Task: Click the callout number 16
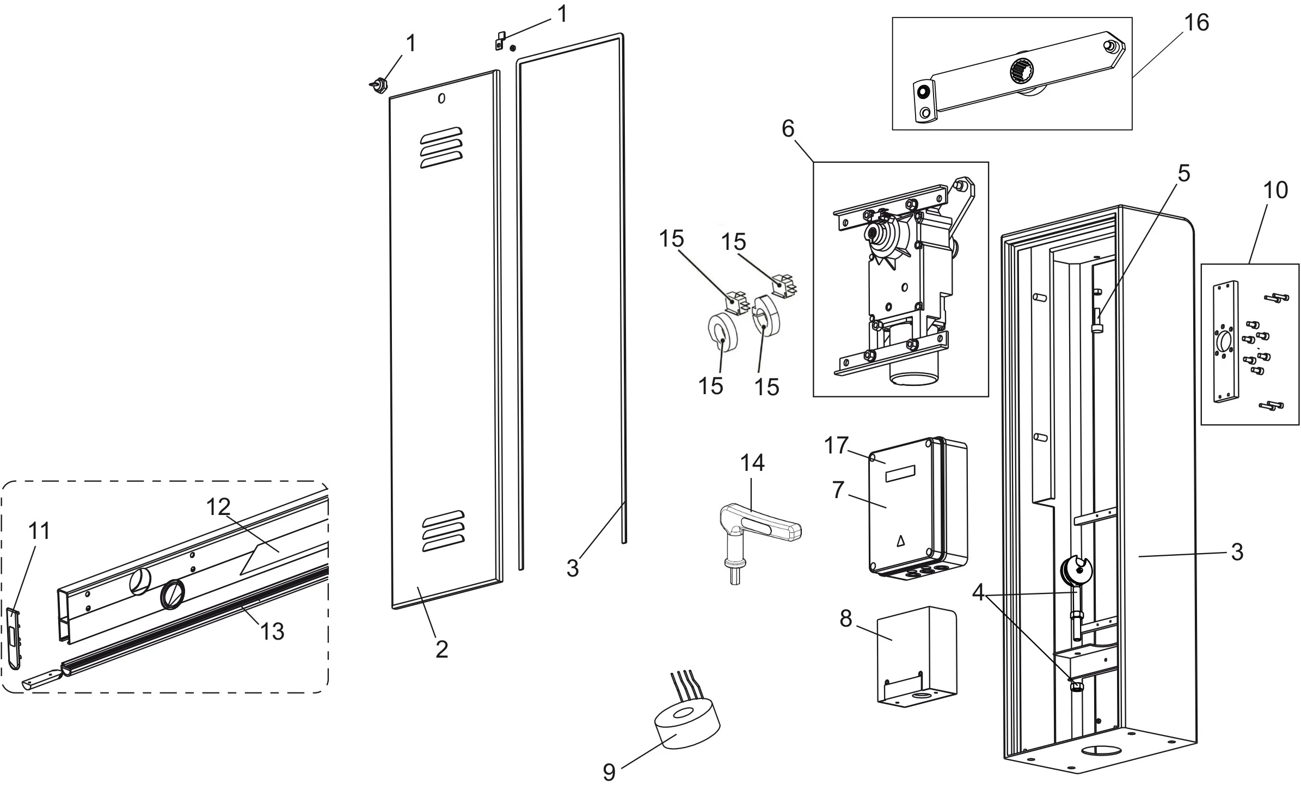pos(1196,23)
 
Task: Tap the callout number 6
pos(788,129)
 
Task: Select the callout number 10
pos(1275,191)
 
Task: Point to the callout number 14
pos(752,463)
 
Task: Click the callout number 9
pos(609,771)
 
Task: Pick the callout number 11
pos(39,530)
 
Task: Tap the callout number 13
pos(272,631)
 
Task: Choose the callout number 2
pos(441,649)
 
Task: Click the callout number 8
pos(845,618)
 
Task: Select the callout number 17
pos(836,445)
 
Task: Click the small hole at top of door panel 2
pos(441,99)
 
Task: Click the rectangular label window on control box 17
pos(901,474)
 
